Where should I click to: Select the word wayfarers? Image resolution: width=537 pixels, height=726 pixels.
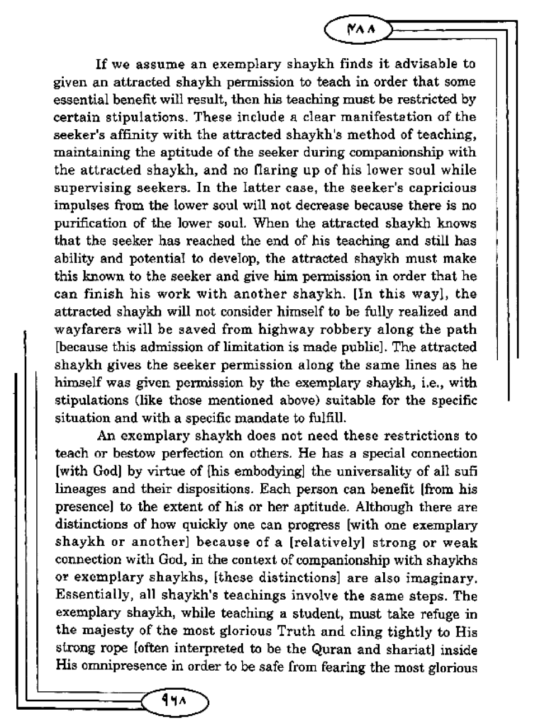tap(83, 329)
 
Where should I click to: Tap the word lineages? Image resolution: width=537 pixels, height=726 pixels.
tap(82, 489)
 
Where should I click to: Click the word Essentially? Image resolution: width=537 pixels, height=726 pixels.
tap(87, 595)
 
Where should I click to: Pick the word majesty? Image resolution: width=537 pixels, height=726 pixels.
tap(107, 631)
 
